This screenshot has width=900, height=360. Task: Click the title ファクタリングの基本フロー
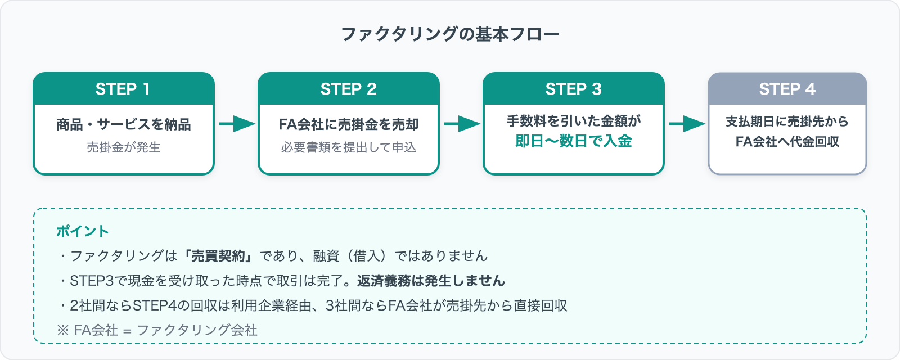click(450, 34)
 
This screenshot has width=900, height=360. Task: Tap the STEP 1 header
click(123, 89)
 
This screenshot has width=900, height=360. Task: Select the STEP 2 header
click(348, 89)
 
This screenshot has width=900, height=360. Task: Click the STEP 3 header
click(573, 89)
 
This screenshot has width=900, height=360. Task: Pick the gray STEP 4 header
click(787, 89)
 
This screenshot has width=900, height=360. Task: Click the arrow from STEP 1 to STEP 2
click(236, 124)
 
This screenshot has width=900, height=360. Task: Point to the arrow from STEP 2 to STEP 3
click(461, 124)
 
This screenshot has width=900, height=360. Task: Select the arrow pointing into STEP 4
click(686, 124)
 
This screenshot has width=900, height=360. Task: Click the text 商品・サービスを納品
click(123, 124)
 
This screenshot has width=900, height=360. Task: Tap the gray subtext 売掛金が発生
click(123, 147)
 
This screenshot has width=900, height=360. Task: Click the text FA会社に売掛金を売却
click(348, 124)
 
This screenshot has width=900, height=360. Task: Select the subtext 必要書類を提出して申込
click(348, 147)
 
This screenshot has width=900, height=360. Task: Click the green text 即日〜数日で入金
click(573, 141)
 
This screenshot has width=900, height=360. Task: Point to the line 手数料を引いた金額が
click(573, 121)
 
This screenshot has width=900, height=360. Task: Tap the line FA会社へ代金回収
click(787, 142)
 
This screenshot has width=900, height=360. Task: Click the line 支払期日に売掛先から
click(787, 121)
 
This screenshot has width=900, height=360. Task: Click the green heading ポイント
click(82, 231)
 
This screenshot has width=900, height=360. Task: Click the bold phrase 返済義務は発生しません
click(431, 281)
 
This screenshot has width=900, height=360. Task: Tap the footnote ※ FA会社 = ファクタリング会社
click(157, 330)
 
